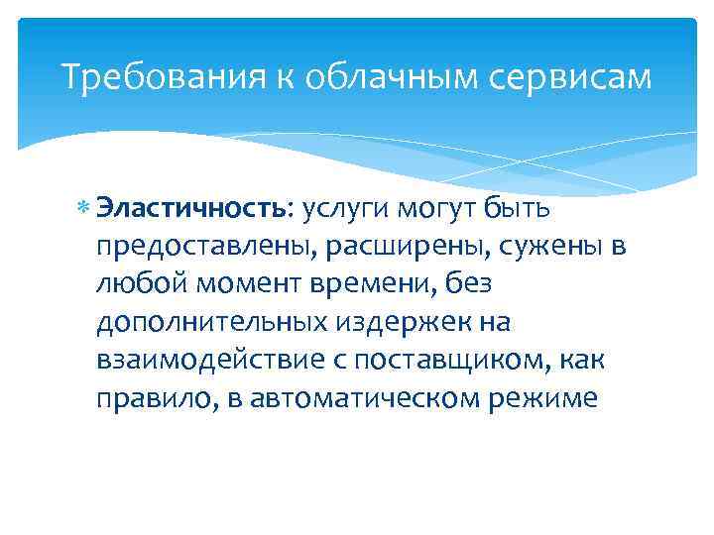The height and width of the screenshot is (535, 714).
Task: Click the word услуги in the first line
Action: click(343, 209)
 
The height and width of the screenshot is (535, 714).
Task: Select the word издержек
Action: click(406, 322)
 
